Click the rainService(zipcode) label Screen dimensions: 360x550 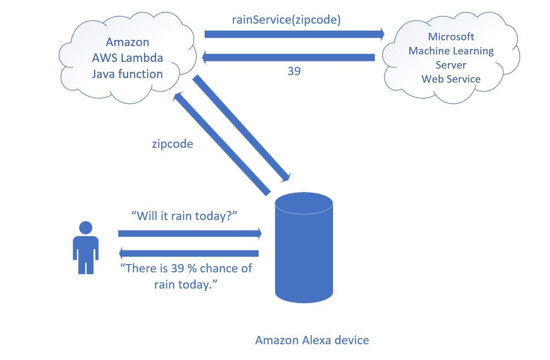[286, 20]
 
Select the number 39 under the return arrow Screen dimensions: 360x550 [294, 71]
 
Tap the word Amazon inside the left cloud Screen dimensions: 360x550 [127, 42]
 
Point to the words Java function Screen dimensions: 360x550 [127, 74]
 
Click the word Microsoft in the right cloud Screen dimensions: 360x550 [451, 37]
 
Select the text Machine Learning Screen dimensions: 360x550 [451, 51]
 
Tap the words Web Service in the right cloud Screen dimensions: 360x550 [451, 79]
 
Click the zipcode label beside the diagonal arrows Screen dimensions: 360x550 [172, 144]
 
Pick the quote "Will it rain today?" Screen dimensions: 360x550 [184, 216]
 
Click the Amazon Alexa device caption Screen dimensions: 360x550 [312, 340]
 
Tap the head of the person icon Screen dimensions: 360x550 [86, 228]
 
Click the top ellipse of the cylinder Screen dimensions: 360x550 [304, 204]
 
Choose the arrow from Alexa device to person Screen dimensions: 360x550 [189, 253]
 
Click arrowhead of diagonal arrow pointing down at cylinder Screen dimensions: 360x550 [285, 177]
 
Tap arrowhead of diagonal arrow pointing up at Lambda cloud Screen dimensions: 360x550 [178, 97]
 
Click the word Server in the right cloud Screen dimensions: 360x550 [451, 65]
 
